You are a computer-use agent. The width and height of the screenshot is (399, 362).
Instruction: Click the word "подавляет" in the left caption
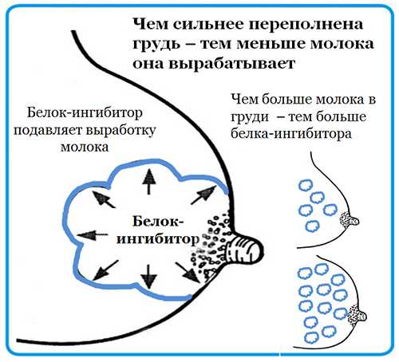[48, 131]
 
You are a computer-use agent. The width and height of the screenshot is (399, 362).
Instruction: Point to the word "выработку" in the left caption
[120, 130]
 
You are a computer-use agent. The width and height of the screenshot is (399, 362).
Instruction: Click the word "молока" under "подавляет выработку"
[85, 148]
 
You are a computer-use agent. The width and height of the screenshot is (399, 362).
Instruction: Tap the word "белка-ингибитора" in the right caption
[291, 134]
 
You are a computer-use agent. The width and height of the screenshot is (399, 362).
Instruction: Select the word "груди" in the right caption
[250, 117]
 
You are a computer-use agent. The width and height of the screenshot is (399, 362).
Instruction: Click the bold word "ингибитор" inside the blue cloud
[158, 239]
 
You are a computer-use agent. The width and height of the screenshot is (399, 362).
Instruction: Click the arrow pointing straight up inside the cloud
[148, 181]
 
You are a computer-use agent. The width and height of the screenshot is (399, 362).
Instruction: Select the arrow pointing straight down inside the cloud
[148, 277]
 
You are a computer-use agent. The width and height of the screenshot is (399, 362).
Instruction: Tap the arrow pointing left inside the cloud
[93, 235]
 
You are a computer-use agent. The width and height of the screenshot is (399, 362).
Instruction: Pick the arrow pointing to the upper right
[203, 195]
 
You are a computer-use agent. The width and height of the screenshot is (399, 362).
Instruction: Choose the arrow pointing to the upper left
[104, 199]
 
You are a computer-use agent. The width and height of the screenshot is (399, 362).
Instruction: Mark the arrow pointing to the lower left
[105, 270]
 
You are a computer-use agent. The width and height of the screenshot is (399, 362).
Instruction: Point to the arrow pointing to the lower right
[188, 273]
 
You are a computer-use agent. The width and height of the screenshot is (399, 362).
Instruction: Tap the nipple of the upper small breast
[353, 220]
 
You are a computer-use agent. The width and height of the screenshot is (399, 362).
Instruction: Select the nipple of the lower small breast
[361, 316]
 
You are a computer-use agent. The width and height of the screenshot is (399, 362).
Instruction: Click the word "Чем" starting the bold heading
[149, 25]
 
